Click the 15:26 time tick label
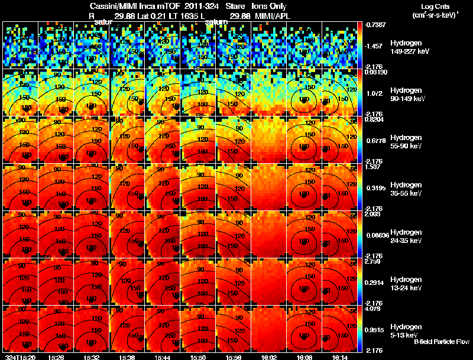[x=56, y=357]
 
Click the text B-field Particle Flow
[x=441, y=342]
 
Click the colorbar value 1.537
[x=372, y=167]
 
